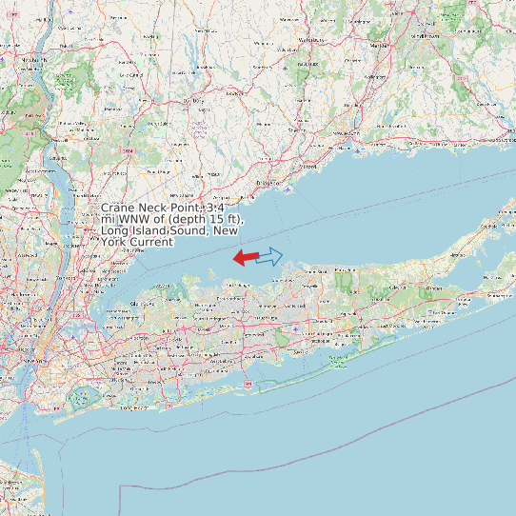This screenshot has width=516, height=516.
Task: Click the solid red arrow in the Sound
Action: [245, 257]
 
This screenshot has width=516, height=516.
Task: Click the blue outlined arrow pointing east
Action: [270, 255]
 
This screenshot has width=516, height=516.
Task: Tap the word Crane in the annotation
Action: [118, 208]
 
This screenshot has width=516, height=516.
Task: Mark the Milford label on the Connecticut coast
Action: [310, 164]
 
